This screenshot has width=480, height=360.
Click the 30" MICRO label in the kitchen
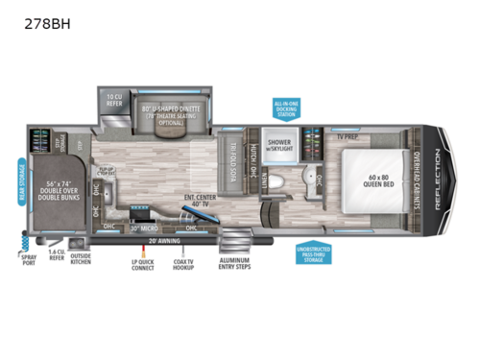[x=145, y=228]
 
